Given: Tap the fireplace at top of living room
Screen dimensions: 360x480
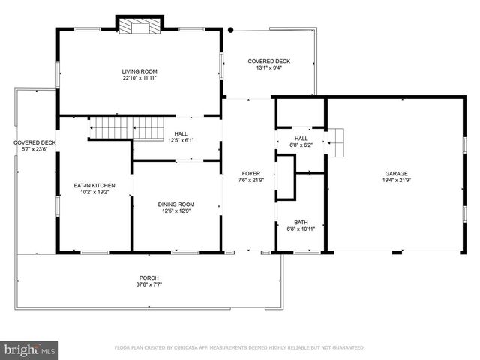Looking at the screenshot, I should pos(138,27).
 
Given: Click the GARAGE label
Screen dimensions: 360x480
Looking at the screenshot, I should pos(397,173).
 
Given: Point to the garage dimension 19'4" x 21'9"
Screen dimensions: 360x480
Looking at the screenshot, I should pos(397,180).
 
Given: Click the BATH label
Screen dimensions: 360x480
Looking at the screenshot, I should pos(301,222).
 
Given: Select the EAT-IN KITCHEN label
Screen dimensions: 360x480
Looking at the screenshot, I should pos(94,185).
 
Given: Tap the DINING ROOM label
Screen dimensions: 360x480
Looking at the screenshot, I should pos(176,204).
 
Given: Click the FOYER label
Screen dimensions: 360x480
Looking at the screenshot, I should pos(250,173).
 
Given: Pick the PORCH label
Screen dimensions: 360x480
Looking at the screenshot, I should pos(150,277).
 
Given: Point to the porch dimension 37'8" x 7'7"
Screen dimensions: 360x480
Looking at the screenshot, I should pos(150,284).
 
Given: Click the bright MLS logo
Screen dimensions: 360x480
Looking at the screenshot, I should pos(30,349).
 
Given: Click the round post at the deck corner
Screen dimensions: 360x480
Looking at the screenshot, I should pos(231,30).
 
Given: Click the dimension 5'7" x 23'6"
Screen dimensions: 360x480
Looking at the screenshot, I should pos(34,149).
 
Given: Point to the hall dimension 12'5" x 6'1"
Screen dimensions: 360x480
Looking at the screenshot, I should pos(181,140).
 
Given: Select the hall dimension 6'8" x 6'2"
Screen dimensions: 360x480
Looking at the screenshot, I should pos(301,145).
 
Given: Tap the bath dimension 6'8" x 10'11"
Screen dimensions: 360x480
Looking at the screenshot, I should pos(301,229).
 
